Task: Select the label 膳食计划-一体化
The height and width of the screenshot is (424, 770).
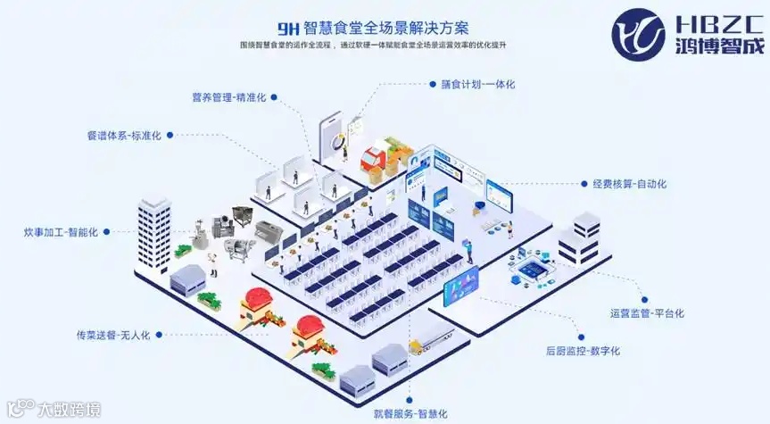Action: (x=478, y=84)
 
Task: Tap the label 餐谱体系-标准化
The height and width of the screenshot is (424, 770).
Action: (x=124, y=136)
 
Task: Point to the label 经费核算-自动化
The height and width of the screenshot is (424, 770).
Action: (x=629, y=184)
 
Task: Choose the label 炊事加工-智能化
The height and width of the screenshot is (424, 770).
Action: (x=61, y=231)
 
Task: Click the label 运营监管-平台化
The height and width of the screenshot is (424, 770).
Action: (x=647, y=313)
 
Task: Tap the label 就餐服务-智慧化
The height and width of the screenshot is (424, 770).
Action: (x=410, y=414)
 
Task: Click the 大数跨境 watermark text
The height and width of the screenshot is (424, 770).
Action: (x=68, y=410)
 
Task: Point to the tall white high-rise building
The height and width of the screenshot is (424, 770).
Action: (x=153, y=234)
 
